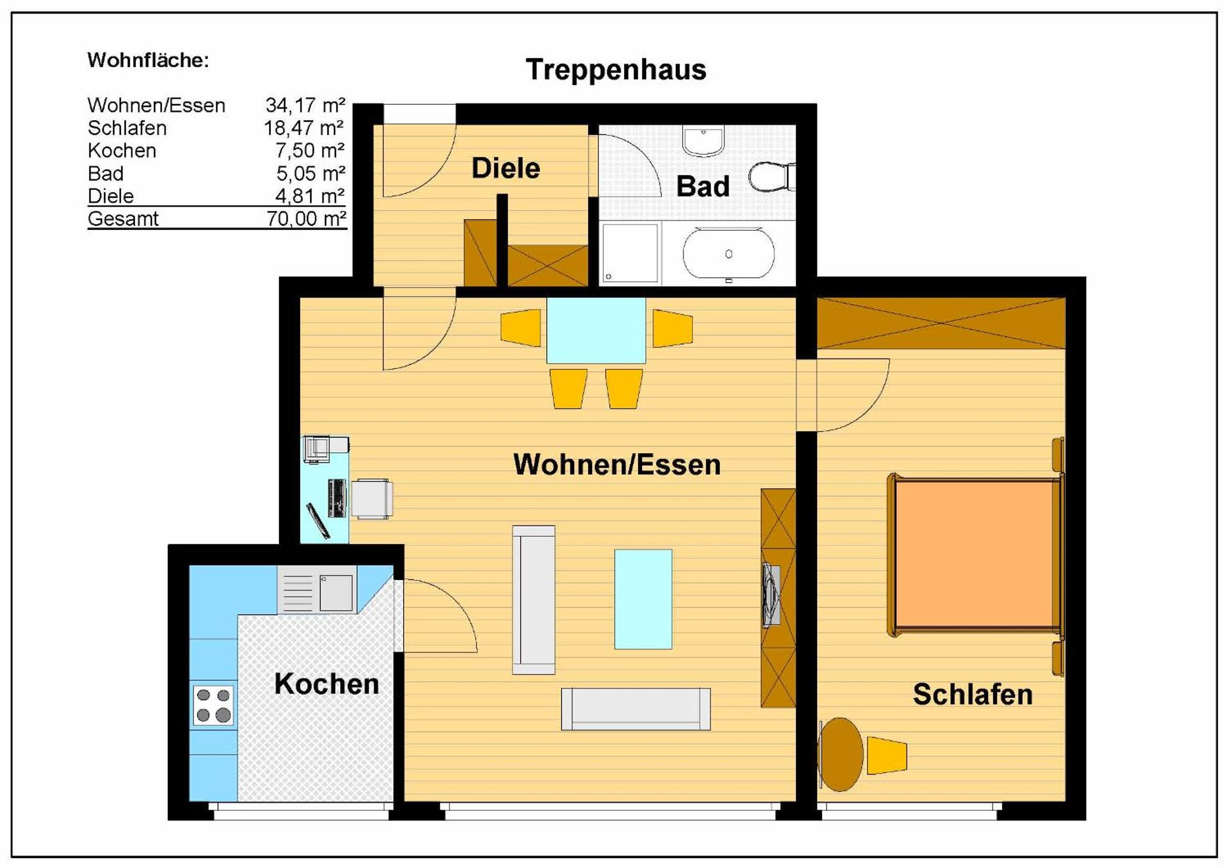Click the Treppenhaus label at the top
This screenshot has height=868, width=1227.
coord(616,70)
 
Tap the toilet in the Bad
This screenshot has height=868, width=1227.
coord(771,177)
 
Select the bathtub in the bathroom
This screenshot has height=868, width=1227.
coord(728,254)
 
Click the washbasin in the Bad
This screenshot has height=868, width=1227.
coord(702,141)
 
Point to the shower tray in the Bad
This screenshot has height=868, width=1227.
coord(631,253)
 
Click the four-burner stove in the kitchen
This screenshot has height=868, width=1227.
coord(214,705)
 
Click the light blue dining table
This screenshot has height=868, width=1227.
coord(596,330)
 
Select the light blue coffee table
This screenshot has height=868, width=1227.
coord(643,599)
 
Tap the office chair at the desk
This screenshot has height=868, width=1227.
coord(372,499)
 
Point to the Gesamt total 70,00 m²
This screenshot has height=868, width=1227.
coord(306,219)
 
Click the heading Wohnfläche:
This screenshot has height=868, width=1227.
coord(148,60)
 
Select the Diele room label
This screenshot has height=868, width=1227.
coord(505,168)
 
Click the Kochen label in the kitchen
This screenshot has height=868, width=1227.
coord(326,684)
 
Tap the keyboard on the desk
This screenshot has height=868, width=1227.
coord(337,498)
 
